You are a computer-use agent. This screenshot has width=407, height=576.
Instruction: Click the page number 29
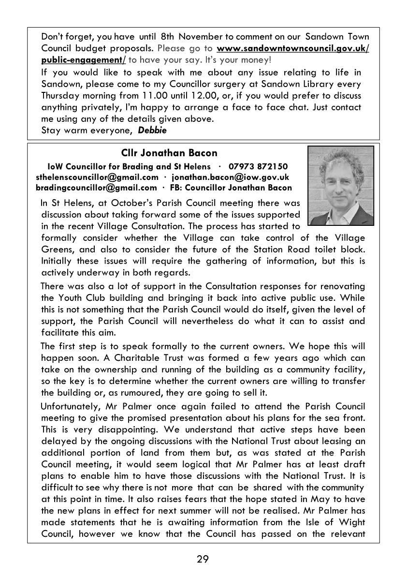(x=203, y=560)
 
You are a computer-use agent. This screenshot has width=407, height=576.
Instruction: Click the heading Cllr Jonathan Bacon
(x=169, y=153)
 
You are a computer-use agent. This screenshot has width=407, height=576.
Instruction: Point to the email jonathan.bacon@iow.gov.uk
(x=230, y=177)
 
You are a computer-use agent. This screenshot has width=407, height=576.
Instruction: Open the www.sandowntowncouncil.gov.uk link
(x=293, y=49)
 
